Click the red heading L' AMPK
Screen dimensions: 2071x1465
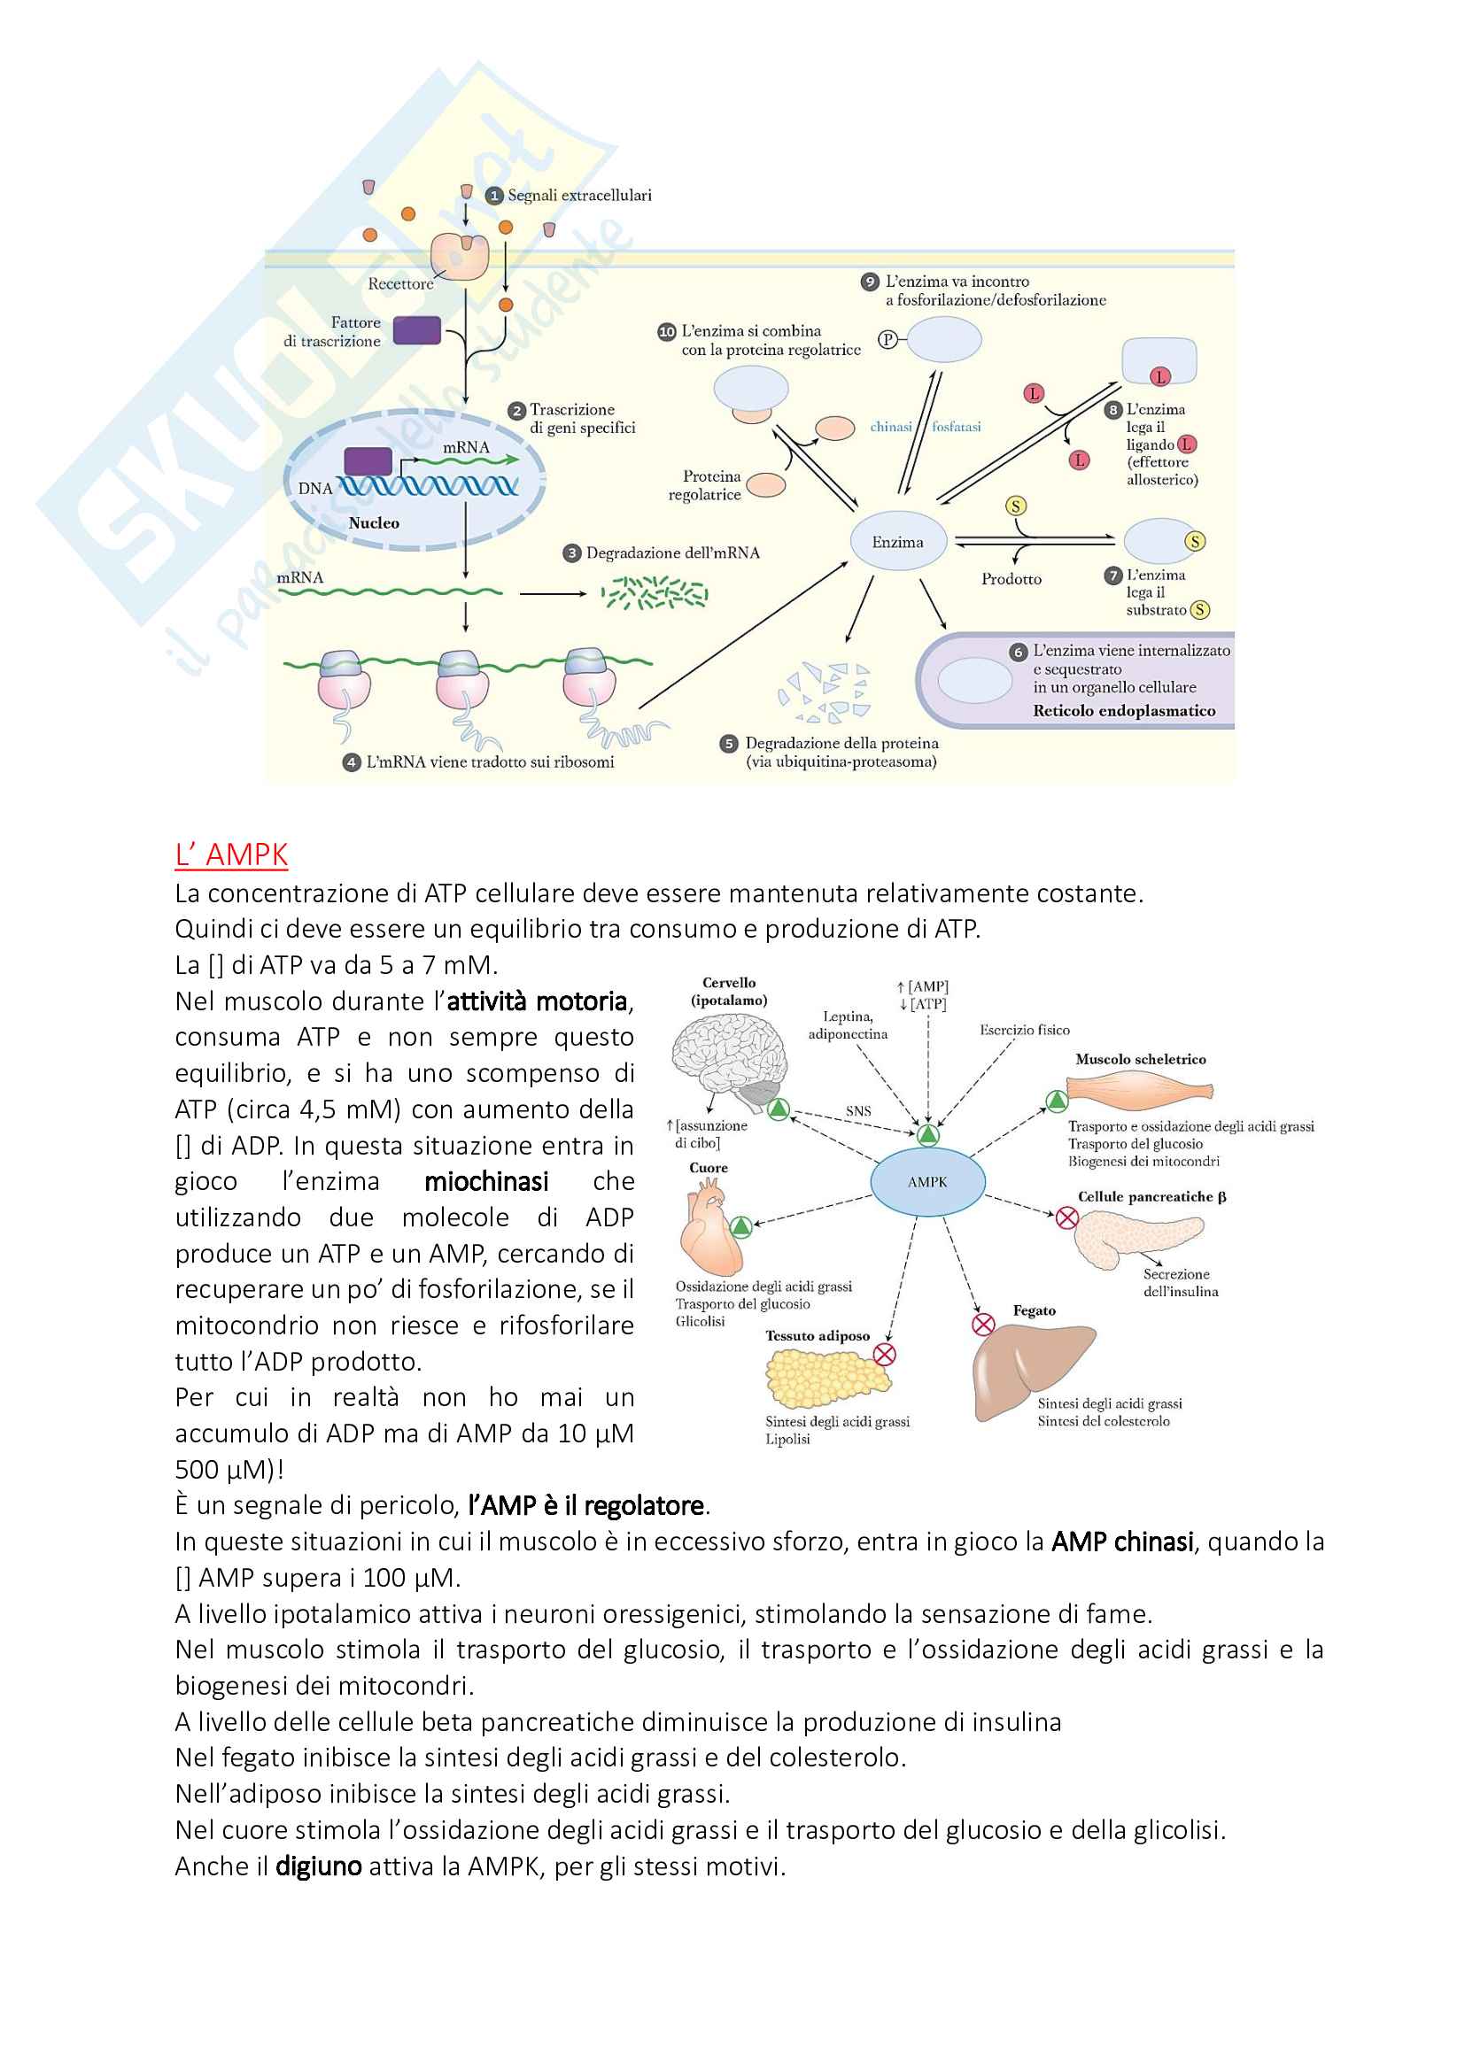point(231,854)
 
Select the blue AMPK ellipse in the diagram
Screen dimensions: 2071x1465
point(927,1182)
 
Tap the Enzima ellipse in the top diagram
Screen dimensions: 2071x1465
point(897,542)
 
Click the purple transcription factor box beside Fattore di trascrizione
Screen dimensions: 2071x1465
point(417,330)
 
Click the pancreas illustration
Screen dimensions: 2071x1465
point(1136,1238)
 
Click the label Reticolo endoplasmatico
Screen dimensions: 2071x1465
point(1124,711)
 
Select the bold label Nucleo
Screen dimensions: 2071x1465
point(374,523)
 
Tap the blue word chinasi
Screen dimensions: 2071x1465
point(890,427)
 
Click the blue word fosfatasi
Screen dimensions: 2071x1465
point(957,427)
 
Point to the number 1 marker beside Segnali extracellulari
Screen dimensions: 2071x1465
point(493,196)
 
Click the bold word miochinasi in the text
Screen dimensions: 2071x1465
point(486,1182)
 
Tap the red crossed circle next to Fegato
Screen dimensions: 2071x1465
point(982,1324)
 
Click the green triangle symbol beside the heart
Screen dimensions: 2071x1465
point(740,1226)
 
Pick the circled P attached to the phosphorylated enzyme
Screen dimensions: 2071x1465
point(888,339)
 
